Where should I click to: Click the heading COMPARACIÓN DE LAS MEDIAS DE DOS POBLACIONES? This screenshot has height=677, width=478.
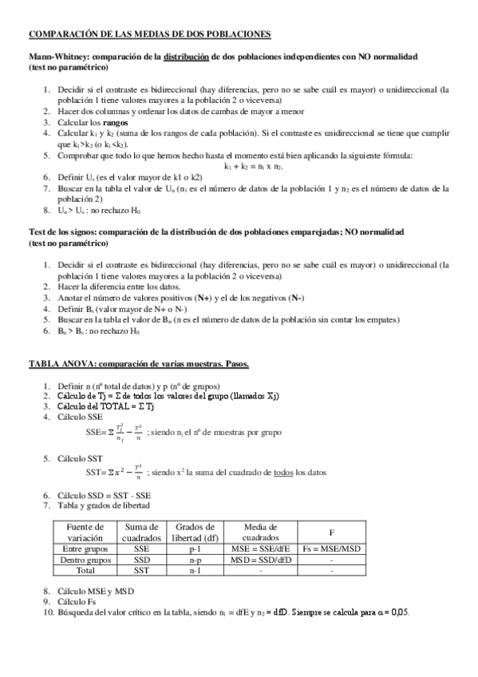coord(150,34)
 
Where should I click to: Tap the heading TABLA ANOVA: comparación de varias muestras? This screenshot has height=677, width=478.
coord(139,364)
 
